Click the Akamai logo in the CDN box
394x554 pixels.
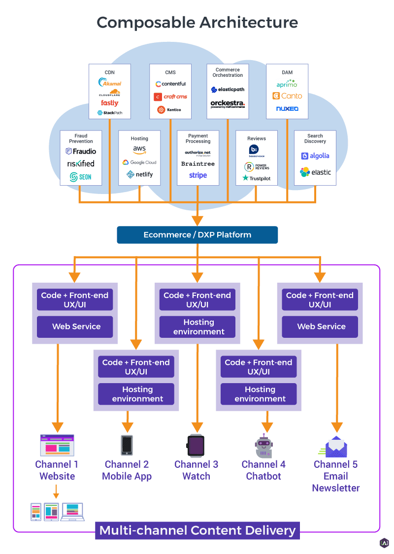pyautogui.click(x=110, y=83)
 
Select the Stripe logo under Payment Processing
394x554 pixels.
pyautogui.click(x=198, y=175)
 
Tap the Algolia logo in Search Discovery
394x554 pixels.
pyautogui.click(x=315, y=156)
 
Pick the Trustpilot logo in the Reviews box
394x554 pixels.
pyautogui.click(x=257, y=178)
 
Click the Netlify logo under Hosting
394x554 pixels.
pyautogui.click(x=139, y=174)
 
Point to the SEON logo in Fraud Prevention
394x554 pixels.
pyautogui.click(x=80, y=177)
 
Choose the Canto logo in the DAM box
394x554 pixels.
pyautogui.click(x=287, y=96)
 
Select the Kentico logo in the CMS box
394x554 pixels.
pyautogui.click(x=169, y=110)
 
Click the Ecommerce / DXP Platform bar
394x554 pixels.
pyautogui.click(x=197, y=235)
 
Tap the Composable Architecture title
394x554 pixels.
pyautogui.click(x=197, y=22)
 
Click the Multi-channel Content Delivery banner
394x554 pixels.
pyautogui.click(x=197, y=530)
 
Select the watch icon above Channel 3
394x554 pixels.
pyautogui.click(x=196, y=446)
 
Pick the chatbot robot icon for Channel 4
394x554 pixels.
pyautogui.click(x=263, y=446)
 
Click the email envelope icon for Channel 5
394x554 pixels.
pyautogui.click(x=336, y=446)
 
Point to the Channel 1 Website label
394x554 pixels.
pyautogui.click(x=57, y=470)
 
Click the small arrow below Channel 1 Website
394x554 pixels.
pyautogui.click(x=56, y=491)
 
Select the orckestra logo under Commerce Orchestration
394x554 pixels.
pyautogui.click(x=228, y=104)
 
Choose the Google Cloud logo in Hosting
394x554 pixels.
pyautogui.click(x=139, y=162)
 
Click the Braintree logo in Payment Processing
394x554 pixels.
pyautogui.click(x=198, y=163)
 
